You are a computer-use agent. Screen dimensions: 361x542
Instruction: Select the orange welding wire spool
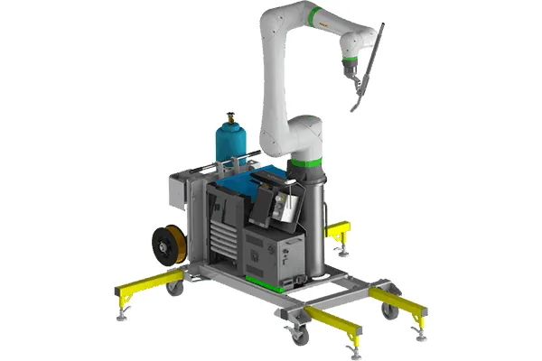pos(167,244)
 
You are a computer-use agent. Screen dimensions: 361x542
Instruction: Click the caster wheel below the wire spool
pos(174,288)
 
